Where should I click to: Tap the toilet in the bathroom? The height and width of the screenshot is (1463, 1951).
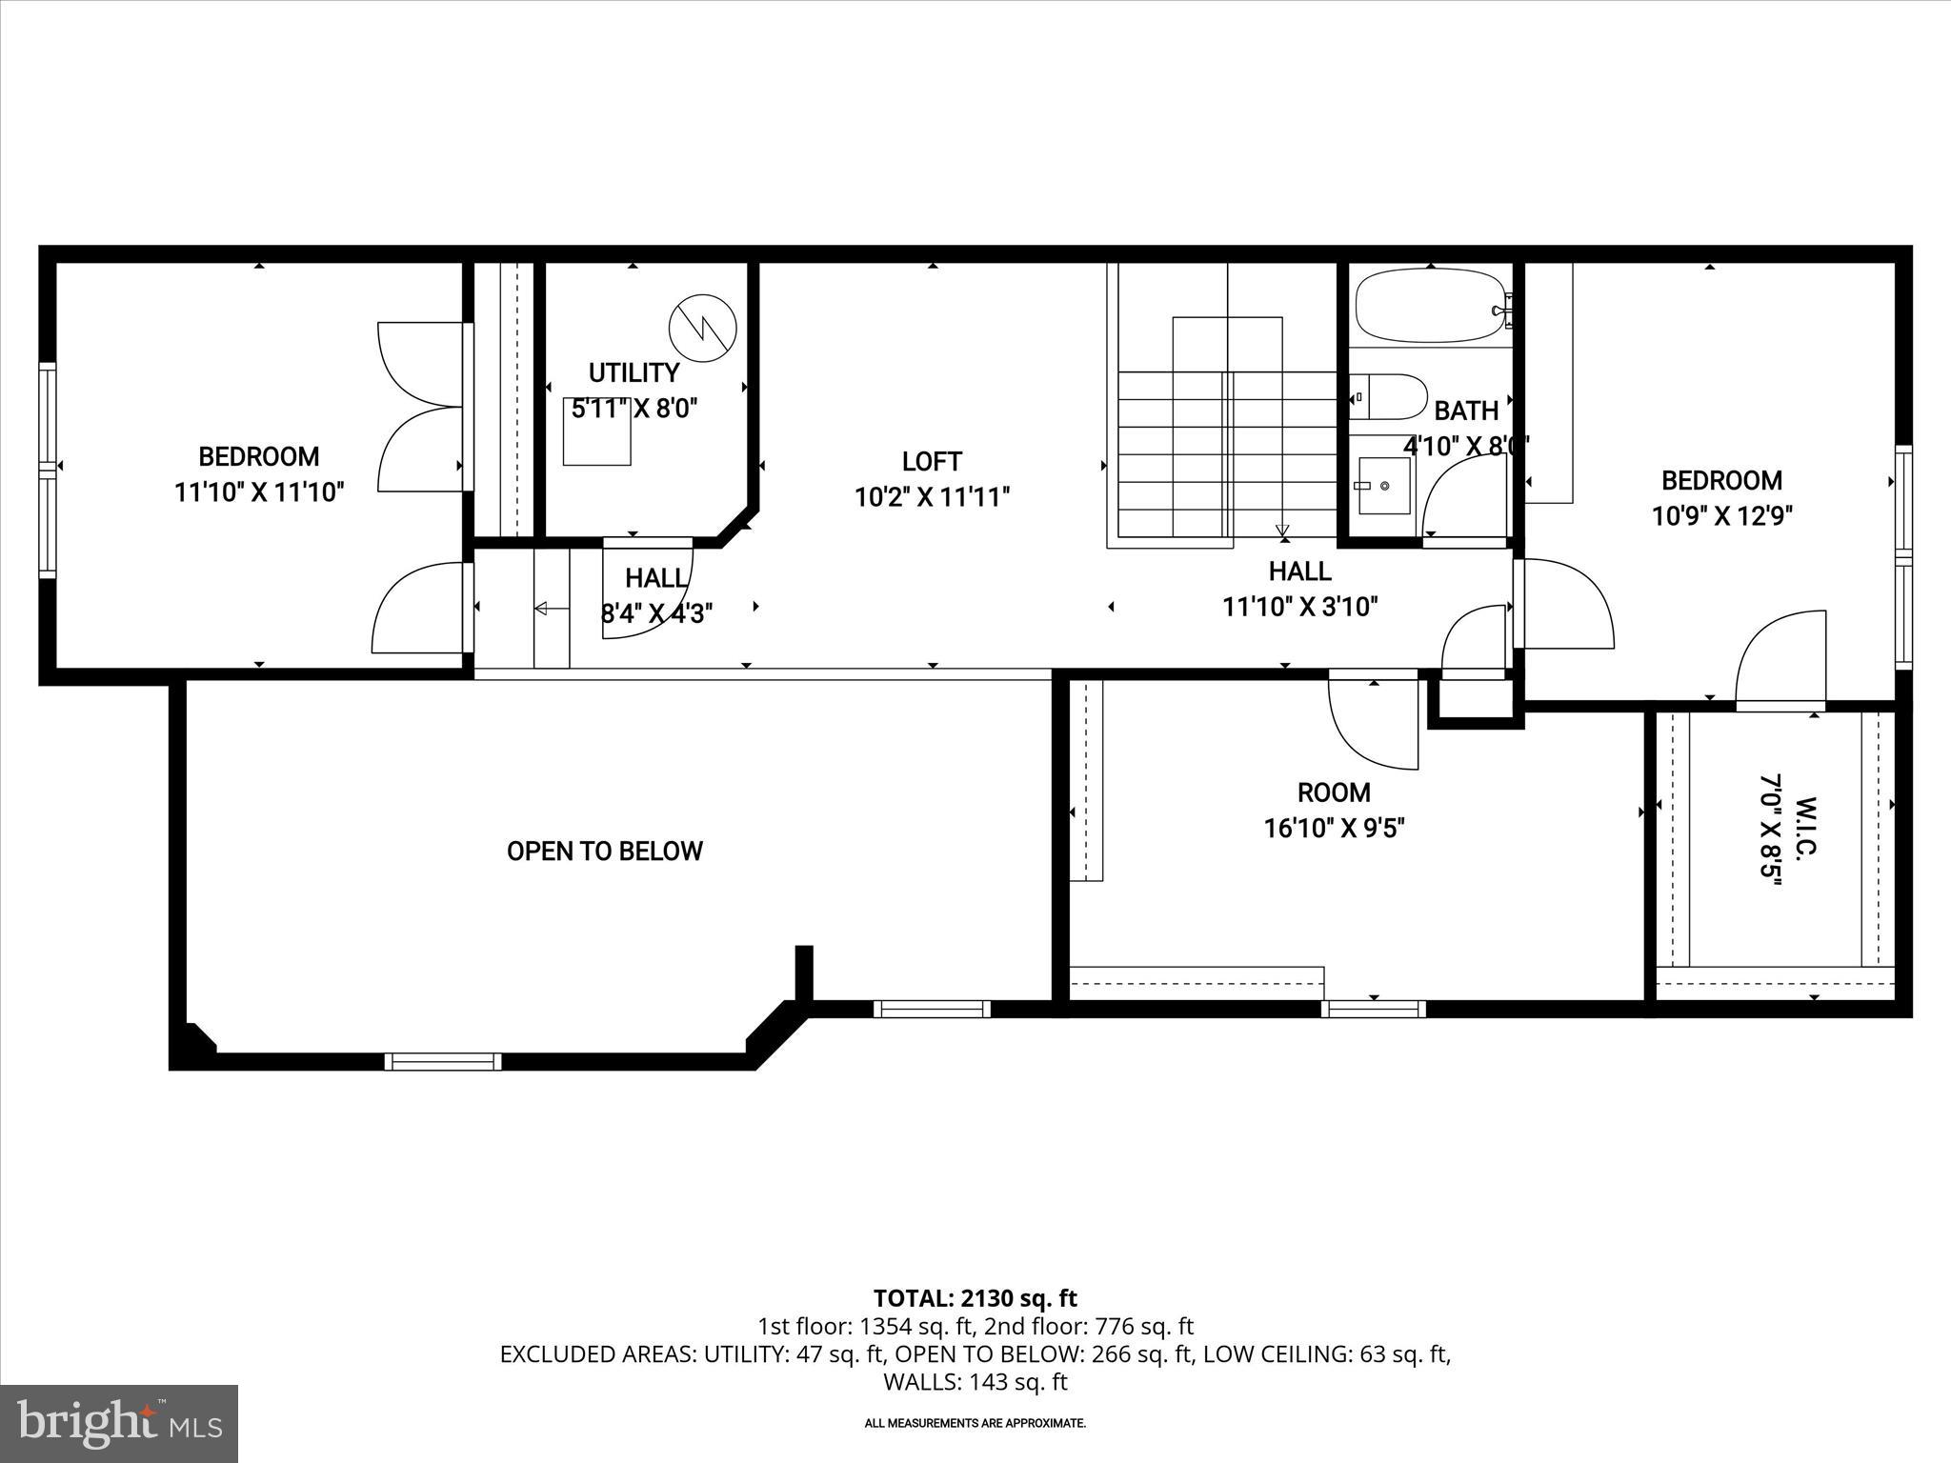pos(1391,396)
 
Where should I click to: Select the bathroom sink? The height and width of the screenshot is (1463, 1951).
pos(1383,485)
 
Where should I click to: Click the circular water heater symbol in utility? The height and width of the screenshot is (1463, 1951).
pos(703,329)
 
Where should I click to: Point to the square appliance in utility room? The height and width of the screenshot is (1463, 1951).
pos(596,431)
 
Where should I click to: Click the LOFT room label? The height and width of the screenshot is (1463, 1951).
pos(932,462)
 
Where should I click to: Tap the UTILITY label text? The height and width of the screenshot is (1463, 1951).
pos(634,372)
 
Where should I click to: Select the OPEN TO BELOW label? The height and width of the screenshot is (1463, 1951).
pos(604,851)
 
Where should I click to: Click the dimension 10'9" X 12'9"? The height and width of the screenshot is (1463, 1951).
pos(1721,516)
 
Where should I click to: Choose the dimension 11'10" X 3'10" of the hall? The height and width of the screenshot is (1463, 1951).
pos(1299,607)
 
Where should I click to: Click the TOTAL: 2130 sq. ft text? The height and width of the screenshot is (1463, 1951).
pos(975,1298)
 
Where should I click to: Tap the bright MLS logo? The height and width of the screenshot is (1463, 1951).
pos(119,1423)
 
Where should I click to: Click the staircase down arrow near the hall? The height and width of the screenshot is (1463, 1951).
pos(1282,531)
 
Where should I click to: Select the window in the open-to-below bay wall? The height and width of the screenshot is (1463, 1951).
pos(443,1061)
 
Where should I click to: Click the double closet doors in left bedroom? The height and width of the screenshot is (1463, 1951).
pos(419,408)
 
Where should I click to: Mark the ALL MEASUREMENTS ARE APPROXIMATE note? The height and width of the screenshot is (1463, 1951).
pos(975,1424)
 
